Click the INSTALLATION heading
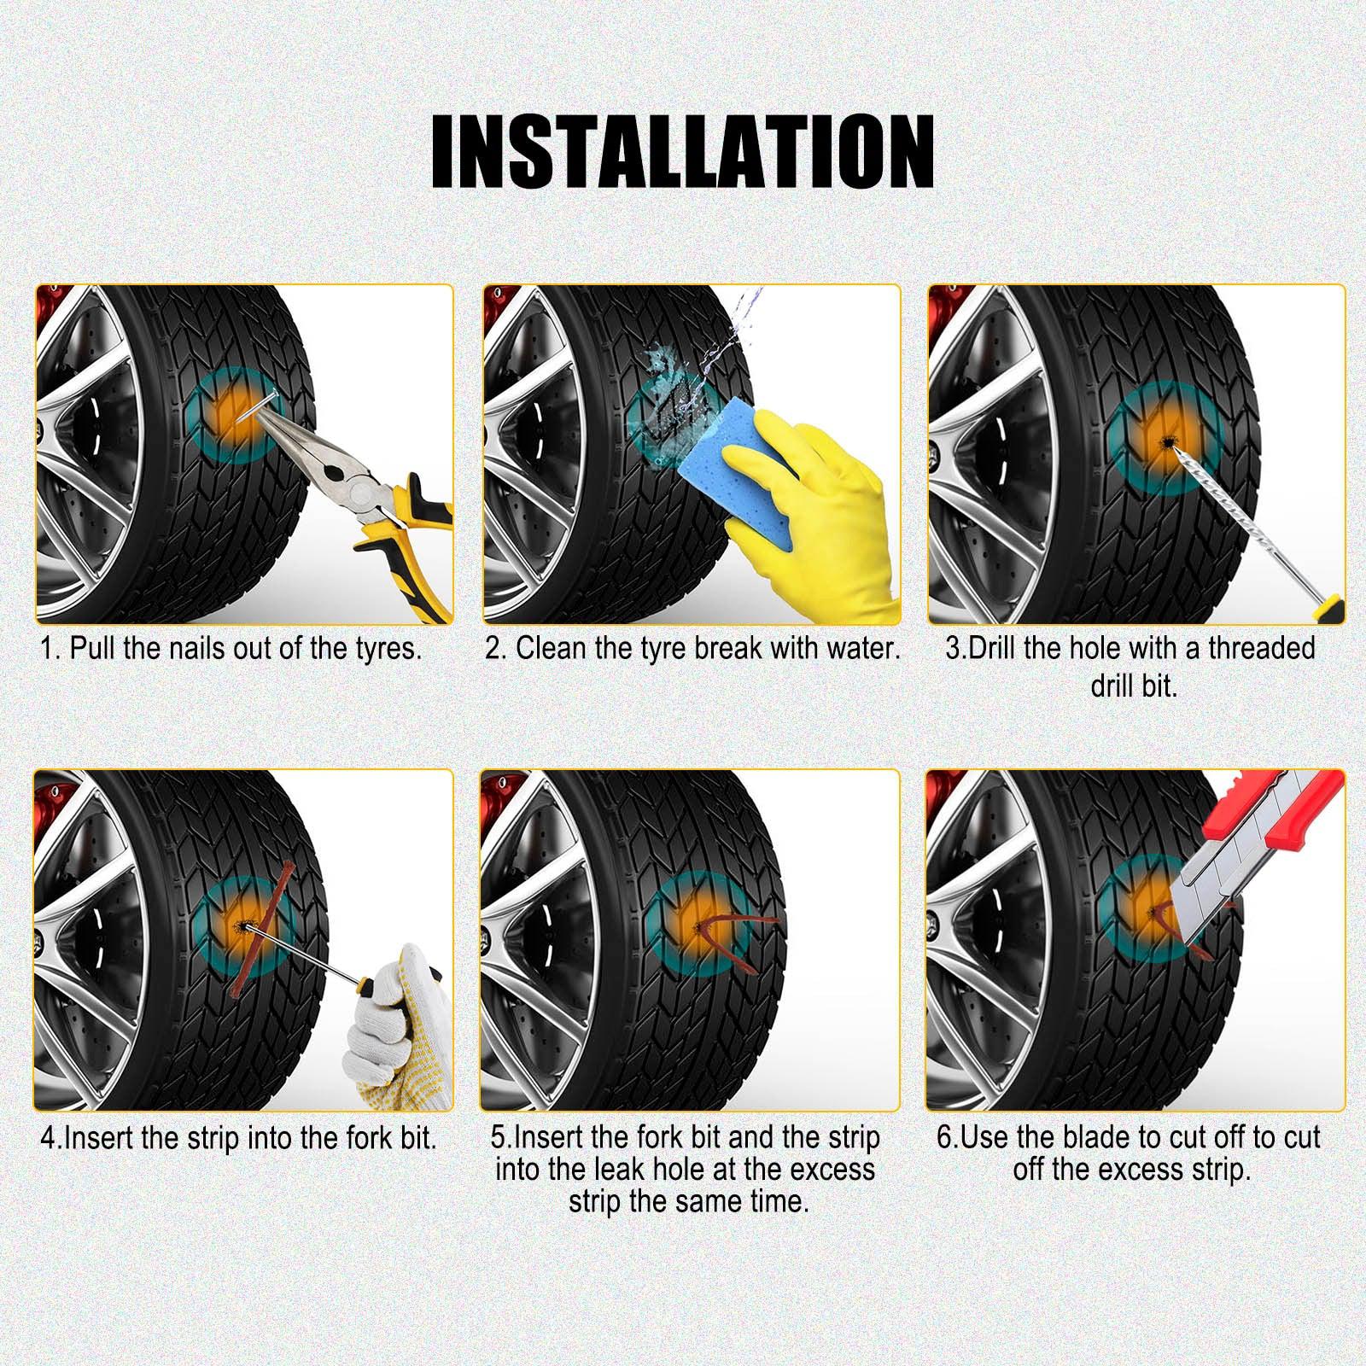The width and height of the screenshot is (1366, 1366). pos(682,151)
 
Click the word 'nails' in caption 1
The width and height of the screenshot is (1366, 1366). pos(199,649)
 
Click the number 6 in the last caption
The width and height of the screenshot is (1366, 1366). pos(943,1138)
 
